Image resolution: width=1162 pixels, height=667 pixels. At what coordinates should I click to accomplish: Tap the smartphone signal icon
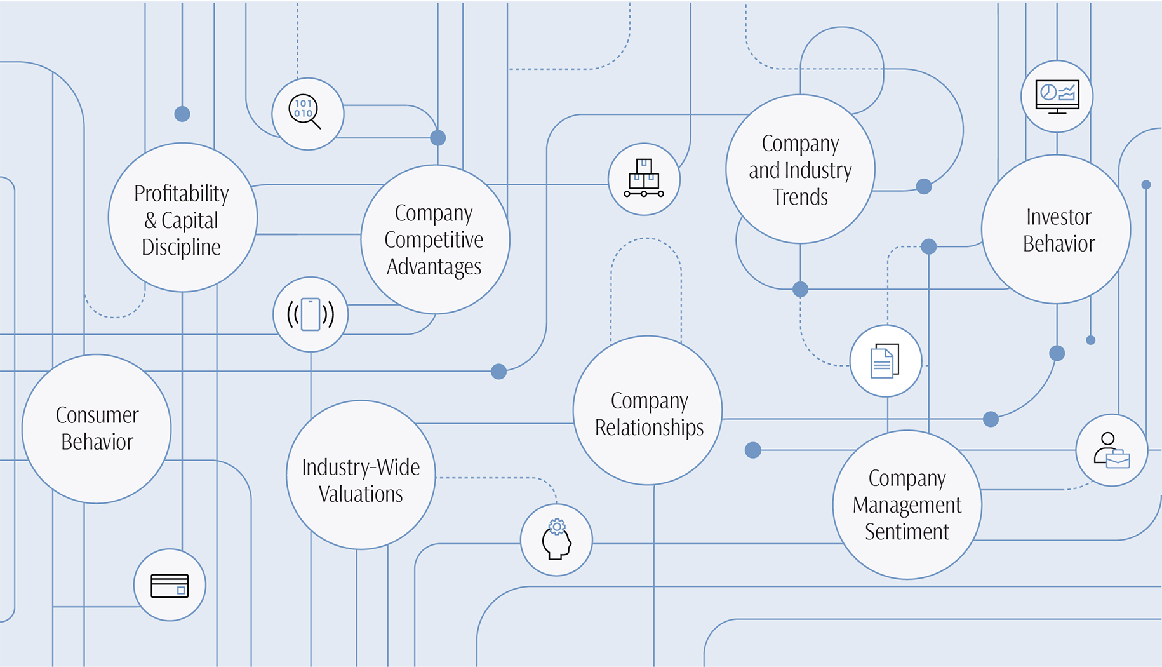pyautogui.click(x=311, y=314)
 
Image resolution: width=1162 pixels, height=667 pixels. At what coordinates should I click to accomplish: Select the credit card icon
pyautogui.click(x=170, y=585)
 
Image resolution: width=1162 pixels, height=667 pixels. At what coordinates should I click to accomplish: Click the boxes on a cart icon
pyautogui.click(x=644, y=179)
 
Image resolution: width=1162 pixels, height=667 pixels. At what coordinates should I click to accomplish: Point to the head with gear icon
pyautogui.click(x=556, y=539)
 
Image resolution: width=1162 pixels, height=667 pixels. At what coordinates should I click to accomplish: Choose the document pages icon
pyautogui.click(x=885, y=361)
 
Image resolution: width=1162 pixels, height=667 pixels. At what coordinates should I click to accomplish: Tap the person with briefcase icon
pyautogui.click(x=1111, y=450)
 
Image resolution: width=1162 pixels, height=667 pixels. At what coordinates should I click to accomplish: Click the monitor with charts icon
pyautogui.click(x=1057, y=97)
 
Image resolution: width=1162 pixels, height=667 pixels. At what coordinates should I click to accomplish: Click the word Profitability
pyautogui.click(x=182, y=193)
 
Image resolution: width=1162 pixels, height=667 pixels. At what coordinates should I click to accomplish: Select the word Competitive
pyautogui.click(x=434, y=239)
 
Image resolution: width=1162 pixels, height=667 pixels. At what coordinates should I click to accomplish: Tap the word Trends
pyautogui.click(x=800, y=197)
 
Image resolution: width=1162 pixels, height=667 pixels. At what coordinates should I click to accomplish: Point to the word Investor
pyautogui.click(x=1058, y=217)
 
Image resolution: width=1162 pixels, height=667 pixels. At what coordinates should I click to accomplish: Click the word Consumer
pyautogui.click(x=97, y=415)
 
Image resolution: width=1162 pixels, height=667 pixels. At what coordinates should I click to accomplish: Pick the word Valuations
pyautogui.click(x=361, y=494)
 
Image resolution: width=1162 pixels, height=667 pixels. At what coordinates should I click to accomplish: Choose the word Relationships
pyautogui.click(x=649, y=428)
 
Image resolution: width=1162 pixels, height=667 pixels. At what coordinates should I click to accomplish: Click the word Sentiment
pyautogui.click(x=907, y=531)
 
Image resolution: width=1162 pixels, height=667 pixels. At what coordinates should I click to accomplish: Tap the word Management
pyautogui.click(x=907, y=504)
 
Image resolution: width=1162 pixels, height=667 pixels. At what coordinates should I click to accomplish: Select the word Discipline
pyautogui.click(x=181, y=246)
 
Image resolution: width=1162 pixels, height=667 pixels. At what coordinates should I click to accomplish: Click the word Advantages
pyautogui.click(x=434, y=266)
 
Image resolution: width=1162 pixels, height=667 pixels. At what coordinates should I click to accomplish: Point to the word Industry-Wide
pyautogui.click(x=361, y=468)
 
